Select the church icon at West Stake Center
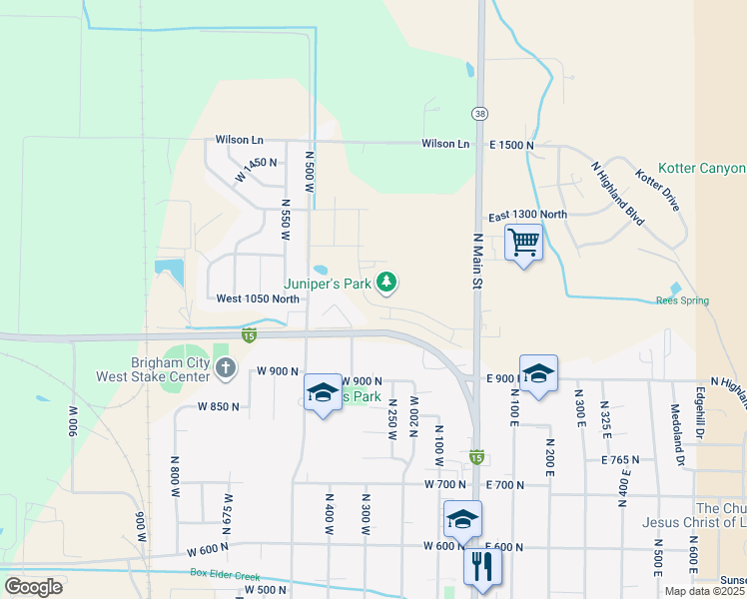(225, 369)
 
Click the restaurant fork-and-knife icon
(481, 567)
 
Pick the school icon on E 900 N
(538, 373)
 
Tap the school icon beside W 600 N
(462, 519)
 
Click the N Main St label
(477, 262)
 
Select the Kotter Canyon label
(702, 169)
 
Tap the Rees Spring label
(682, 300)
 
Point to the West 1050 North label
(258, 299)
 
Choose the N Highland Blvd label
(616, 192)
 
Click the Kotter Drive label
(657, 191)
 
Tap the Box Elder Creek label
(231, 574)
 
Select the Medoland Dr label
(676, 447)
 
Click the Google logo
(33, 587)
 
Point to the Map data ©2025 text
(705, 591)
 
